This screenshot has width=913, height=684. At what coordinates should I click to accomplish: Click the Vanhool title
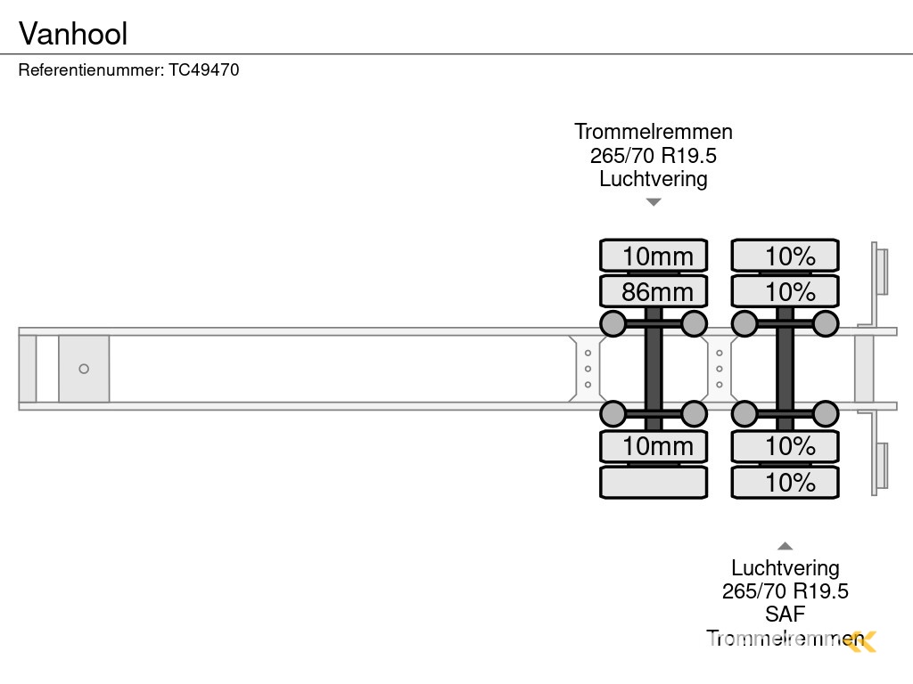coord(73,34)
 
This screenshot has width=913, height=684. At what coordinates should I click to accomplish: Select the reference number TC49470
coord(204,69)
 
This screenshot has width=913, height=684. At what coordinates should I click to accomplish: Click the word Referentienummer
coord(91,69)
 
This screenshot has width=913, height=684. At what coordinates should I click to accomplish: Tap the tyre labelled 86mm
coord(654,291)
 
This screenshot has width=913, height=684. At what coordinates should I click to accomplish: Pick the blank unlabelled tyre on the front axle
coord(654,483)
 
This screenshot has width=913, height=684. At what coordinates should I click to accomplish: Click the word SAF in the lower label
coord(785,615)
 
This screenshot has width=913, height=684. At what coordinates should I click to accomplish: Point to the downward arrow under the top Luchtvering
coord(654,202)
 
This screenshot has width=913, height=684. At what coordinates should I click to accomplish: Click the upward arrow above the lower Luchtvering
coord(785,546)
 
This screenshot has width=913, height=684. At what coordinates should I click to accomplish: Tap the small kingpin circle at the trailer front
coord(84,369)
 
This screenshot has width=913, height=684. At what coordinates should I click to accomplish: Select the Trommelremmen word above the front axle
coord(654,132)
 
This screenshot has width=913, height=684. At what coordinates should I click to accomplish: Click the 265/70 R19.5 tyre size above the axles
coord(654,156)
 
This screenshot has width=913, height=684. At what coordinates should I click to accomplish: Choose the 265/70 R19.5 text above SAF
coord(785,591)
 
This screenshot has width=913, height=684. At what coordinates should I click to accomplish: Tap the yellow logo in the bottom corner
coord(862,640)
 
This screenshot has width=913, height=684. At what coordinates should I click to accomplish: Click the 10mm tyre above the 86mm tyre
coord(654,256)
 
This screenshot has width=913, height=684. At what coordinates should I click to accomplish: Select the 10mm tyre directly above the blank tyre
coord(654,446)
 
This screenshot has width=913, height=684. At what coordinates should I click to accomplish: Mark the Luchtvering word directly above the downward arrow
coord(654,179)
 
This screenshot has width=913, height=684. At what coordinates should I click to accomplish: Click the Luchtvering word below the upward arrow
coord(785,568)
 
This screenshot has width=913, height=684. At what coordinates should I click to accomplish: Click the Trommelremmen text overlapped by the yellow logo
coord(776,639)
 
